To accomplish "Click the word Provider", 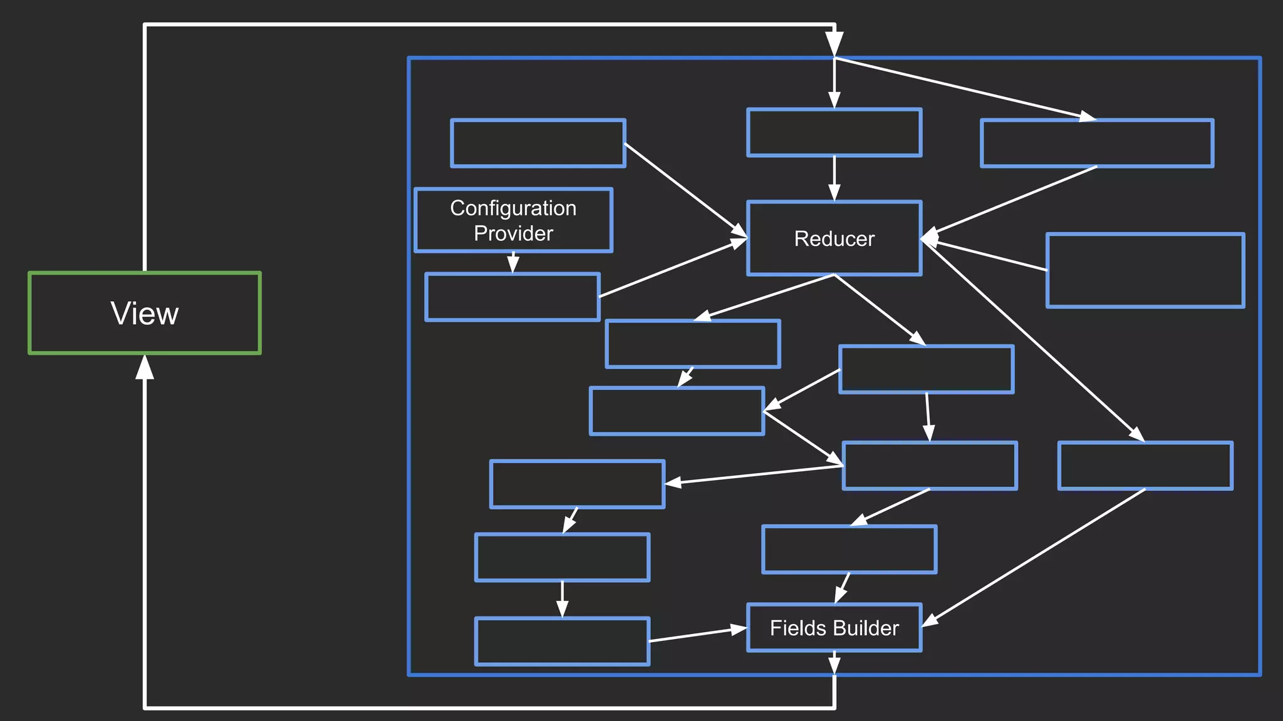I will pyautogui.click(x=513, y=233).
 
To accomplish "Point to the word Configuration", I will pyautogui.click(x=513, y=208).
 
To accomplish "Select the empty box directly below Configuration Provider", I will pyautogui.click(x=512, y=297).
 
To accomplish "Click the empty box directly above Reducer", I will pyautogui.click(x=834, y=133).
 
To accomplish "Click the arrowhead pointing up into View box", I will pyautogui.click(x=145, y=368).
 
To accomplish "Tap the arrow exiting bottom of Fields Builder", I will pyautogui.click(x=834, y=663).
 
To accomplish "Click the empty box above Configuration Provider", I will pyautogui.click(x=538, y=143).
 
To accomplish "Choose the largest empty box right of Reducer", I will pyautogui.click(x=1145, y=270).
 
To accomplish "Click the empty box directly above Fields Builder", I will pyautogui.click(x=849, y=550).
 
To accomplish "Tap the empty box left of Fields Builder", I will pyautogui.click(x=562, y=642).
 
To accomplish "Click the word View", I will pyautogui.click(x=144, y=313).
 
